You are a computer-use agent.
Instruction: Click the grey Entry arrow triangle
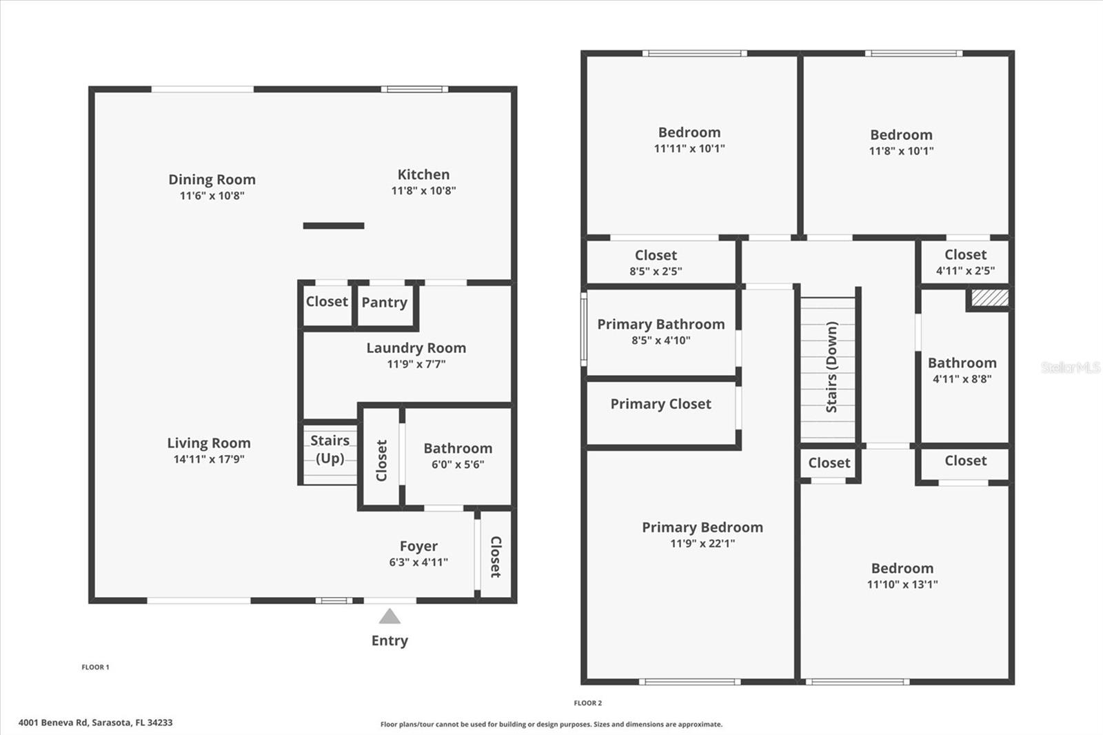click(389, 616)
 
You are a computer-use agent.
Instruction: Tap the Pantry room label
click(384, 302)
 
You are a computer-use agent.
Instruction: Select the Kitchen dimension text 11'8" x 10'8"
click(423, 191)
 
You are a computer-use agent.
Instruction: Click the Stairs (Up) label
click(330, 449)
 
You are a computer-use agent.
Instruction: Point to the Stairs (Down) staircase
click(828, 368)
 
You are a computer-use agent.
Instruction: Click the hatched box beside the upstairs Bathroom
click(990, 298)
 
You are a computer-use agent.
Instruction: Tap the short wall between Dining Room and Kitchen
click(334, 225)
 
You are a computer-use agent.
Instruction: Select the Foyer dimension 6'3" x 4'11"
click(418, 563)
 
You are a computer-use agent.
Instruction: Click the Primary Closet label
click(660, 404)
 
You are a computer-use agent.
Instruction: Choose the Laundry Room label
click(416, 348)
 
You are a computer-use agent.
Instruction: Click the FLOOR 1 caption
click(95, 667)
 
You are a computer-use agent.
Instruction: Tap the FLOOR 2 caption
click(587, 703)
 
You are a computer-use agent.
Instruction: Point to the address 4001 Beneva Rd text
click(95, 723)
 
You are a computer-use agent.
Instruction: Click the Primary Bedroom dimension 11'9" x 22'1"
click(702, 543)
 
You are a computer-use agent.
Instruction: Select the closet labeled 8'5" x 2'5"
click(656, 263)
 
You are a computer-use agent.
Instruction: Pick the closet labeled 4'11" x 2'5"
click(965, 262)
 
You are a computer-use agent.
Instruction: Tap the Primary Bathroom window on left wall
click(584, 329)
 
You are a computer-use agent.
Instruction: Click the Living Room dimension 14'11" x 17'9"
click(209, 459)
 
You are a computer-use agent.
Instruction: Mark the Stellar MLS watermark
click(1070, 367)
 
